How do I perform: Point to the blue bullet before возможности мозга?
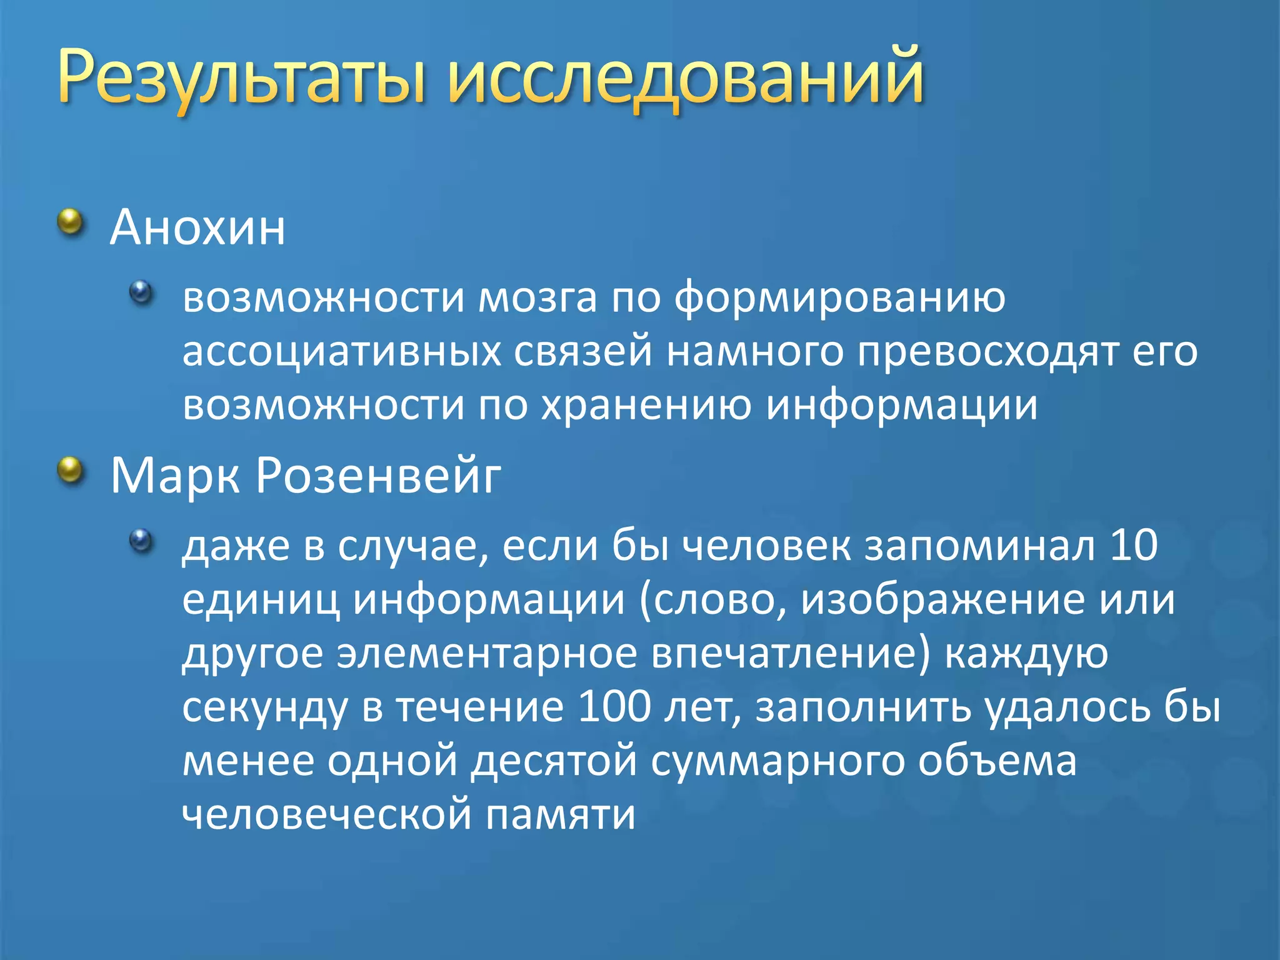coord(141,292)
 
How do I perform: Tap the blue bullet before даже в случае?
coord(141,541)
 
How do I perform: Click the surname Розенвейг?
coord(379,476)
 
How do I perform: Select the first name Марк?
coord(176,476)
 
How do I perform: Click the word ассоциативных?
coord(342,351)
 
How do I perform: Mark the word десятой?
coord(554,761)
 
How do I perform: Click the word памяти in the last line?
coord(560,814)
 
